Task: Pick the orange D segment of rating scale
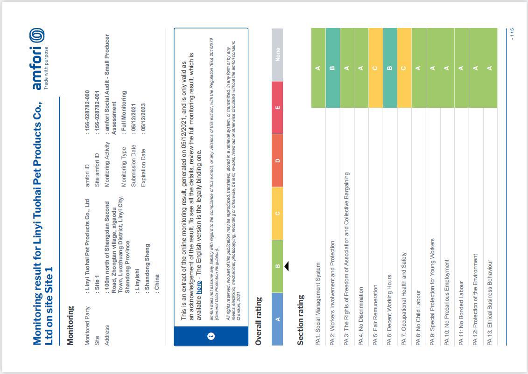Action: [x=278, y=160]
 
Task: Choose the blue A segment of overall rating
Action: [x=278, y=319]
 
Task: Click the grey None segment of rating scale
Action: [x=278, y=54]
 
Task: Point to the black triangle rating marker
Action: [x=287, y=266]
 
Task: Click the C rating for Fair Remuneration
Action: [x=375, y=68]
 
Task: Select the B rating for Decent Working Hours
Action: [x=390, y=68]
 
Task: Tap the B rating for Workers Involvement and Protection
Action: [x=332, y=68]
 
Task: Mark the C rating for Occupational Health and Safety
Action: [x=404, y=68]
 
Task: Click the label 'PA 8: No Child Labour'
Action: [x=419, y=317]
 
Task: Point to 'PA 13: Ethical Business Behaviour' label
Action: [x=490, y=303]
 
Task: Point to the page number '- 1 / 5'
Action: [x=512, y=34]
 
